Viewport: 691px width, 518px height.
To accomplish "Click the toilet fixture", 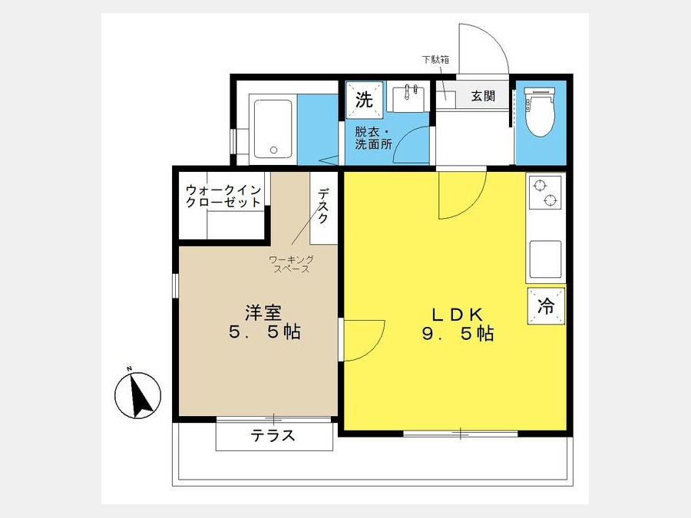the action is point(540,111).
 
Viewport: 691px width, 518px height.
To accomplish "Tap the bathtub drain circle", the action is point(273,150).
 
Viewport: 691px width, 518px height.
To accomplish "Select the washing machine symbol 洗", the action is point(364,100).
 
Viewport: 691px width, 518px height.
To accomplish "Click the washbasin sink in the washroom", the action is point(406,99).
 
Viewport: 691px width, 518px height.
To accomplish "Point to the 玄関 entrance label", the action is point(484,96).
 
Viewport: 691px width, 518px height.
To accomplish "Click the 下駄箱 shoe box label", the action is point(435,59).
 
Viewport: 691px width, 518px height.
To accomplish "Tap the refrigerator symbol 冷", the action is point(546,306).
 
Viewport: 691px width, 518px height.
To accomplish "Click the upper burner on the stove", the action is point(539,186).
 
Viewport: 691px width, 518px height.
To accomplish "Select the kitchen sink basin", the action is point(545,259).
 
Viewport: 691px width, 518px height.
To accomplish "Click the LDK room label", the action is point(457,315).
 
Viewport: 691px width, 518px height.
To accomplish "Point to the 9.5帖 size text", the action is point(458,334).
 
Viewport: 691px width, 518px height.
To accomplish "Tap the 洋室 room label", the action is point(263,313).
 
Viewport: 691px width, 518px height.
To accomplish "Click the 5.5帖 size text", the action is point(264,332).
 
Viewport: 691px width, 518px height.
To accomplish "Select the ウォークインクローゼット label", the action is point(223,196).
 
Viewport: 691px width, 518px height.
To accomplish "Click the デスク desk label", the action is point(323,206).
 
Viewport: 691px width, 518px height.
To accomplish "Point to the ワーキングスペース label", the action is point(291,264).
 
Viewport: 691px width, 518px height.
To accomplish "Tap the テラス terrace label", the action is point(273,436).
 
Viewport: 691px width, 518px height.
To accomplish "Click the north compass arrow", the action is point(141,396).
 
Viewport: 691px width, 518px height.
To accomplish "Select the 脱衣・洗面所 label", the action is point(373,138).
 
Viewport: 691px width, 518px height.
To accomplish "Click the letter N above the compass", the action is point(129,368).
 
